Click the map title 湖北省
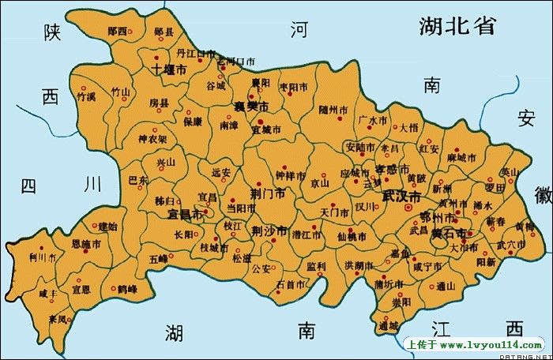point(457,25)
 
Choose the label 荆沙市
point(269,231)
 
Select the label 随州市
point(333,110)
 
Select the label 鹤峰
point(127,290)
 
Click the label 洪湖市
point(359,264)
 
